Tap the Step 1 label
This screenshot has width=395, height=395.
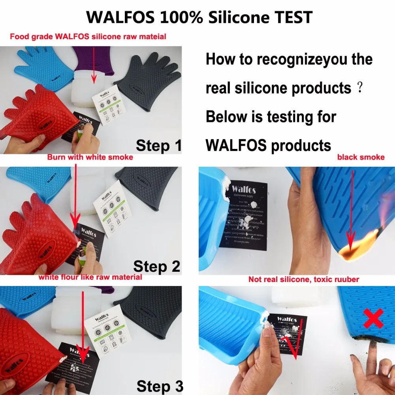(x=159, y=146)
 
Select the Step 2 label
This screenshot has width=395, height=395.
(x=156, y=267)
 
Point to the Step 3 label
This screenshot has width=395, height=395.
(x=160, y=386)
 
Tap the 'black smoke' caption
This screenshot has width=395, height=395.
(x=361, y=157)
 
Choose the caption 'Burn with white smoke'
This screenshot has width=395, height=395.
(x=90, y=157)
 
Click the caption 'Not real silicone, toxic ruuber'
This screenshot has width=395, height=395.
(x=303, y=280)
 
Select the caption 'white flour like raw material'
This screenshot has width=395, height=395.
(x=90, y=277)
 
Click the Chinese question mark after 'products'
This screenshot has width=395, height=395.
(x=359, y=88)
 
